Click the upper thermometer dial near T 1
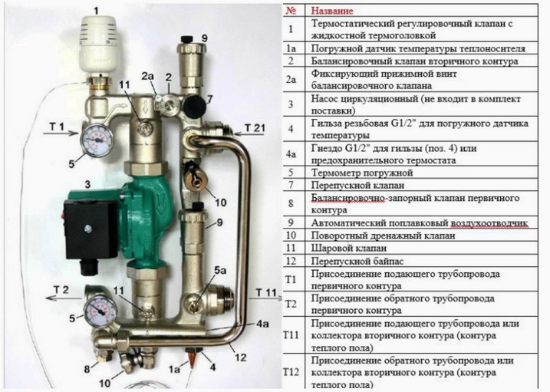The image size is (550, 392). (x=97, y=140)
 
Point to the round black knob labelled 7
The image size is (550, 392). (x=195, y=105)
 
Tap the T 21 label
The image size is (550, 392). (x=255, y=128)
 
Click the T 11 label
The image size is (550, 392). (x=266, y=292)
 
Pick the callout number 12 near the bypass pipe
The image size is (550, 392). (x=241, y=357)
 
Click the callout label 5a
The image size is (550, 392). (x=220, y=270)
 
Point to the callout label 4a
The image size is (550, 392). (x=262, y=324)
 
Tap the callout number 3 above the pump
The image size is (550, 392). (x=87, y=184)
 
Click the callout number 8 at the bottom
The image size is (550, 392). (x=87, y=368)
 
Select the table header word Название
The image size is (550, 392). (x=332, y=11)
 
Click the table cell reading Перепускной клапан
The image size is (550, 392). (x=357, y=185)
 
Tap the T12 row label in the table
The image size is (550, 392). (x=291, y=372)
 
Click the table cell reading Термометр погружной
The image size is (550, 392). (x=362, y=173)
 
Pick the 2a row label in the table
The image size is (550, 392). (x=291, y=80)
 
